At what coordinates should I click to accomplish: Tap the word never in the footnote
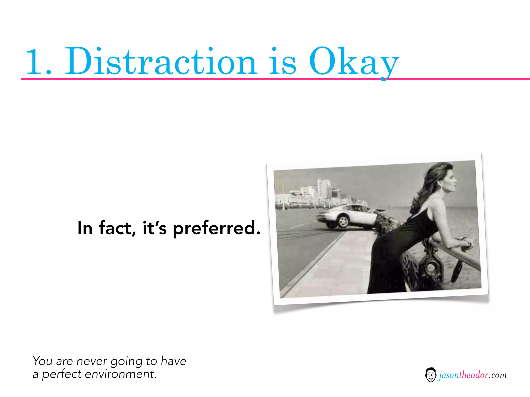[x=92, y=361]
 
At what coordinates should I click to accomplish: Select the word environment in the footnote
[x=121, y=374]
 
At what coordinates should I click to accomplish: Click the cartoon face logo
[x=431, y=375]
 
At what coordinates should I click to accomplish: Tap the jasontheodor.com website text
[x=472, y=375]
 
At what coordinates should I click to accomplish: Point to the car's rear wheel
[x=343, y=222]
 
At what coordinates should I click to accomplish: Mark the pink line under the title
[x=259, y=79]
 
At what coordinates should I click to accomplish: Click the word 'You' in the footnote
[x=43, y=361]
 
